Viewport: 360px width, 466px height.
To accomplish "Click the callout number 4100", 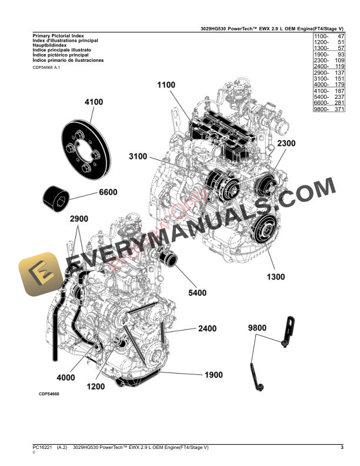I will click(94, 102).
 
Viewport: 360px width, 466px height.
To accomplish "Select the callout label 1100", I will click(166, 85).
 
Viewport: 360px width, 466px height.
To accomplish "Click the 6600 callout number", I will click(108, 192).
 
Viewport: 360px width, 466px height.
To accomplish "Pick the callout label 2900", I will click(79, 219).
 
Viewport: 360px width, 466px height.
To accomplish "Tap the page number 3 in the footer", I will click(342, 448).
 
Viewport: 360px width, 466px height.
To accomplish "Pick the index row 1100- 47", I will click(329, 36).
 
